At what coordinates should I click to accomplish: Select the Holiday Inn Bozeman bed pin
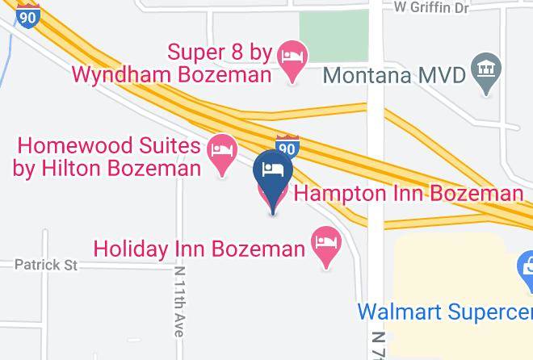click(325, 244)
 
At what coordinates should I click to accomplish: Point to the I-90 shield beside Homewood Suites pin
click(287, 147)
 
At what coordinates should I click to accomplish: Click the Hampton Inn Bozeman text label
click(408, 194)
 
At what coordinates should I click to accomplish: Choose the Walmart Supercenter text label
click(444, 311)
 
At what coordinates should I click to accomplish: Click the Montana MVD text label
click(395, 76)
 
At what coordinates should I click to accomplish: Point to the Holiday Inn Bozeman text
click(198, 247)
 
